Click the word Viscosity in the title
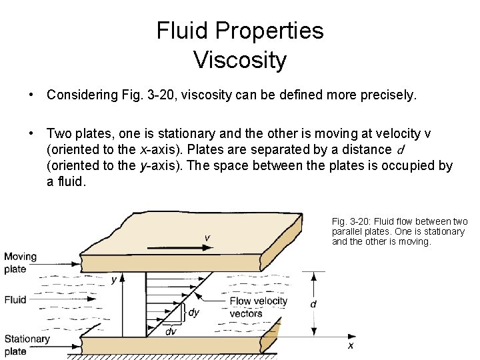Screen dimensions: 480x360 click(240, 59)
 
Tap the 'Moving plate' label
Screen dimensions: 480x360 click(20, 263)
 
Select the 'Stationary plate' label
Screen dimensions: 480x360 click(27, 345)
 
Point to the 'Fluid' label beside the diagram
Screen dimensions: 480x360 click(15, 300)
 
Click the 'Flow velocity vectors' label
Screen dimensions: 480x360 click(258, 307)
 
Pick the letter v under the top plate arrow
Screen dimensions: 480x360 click(207, 237)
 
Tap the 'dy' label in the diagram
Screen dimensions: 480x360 click(194, 312)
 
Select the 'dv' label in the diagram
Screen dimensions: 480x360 click(171, 331)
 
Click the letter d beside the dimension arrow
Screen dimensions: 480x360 click(313, 304)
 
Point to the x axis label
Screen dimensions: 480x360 click(351, 345)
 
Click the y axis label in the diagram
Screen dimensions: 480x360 click(114, 279)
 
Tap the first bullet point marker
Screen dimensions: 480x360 click(31, 95)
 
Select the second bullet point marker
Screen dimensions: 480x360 click(31, 133)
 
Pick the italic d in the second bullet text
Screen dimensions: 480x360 click(401, 149)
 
